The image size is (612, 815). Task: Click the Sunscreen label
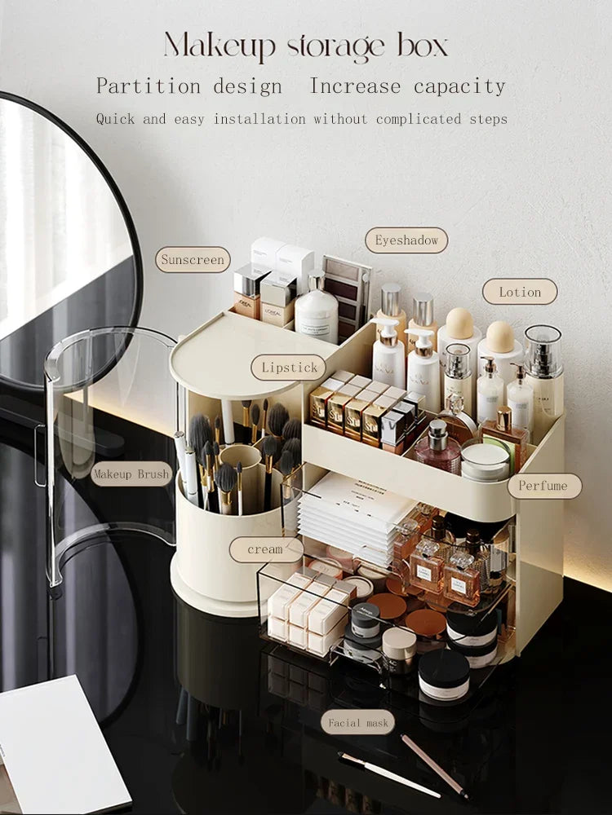coord(193,260)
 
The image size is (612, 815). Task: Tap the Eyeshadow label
coord(406,240)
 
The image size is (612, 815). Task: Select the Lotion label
coord(520,292)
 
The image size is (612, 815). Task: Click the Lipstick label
coord(289,368)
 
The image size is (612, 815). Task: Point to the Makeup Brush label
coord(131,474)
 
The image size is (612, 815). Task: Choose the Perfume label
coord(544,486)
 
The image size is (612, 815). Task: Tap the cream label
coord(265,549)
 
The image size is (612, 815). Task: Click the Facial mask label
coord(356,722)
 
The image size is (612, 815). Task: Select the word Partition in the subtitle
coord(149,86)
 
